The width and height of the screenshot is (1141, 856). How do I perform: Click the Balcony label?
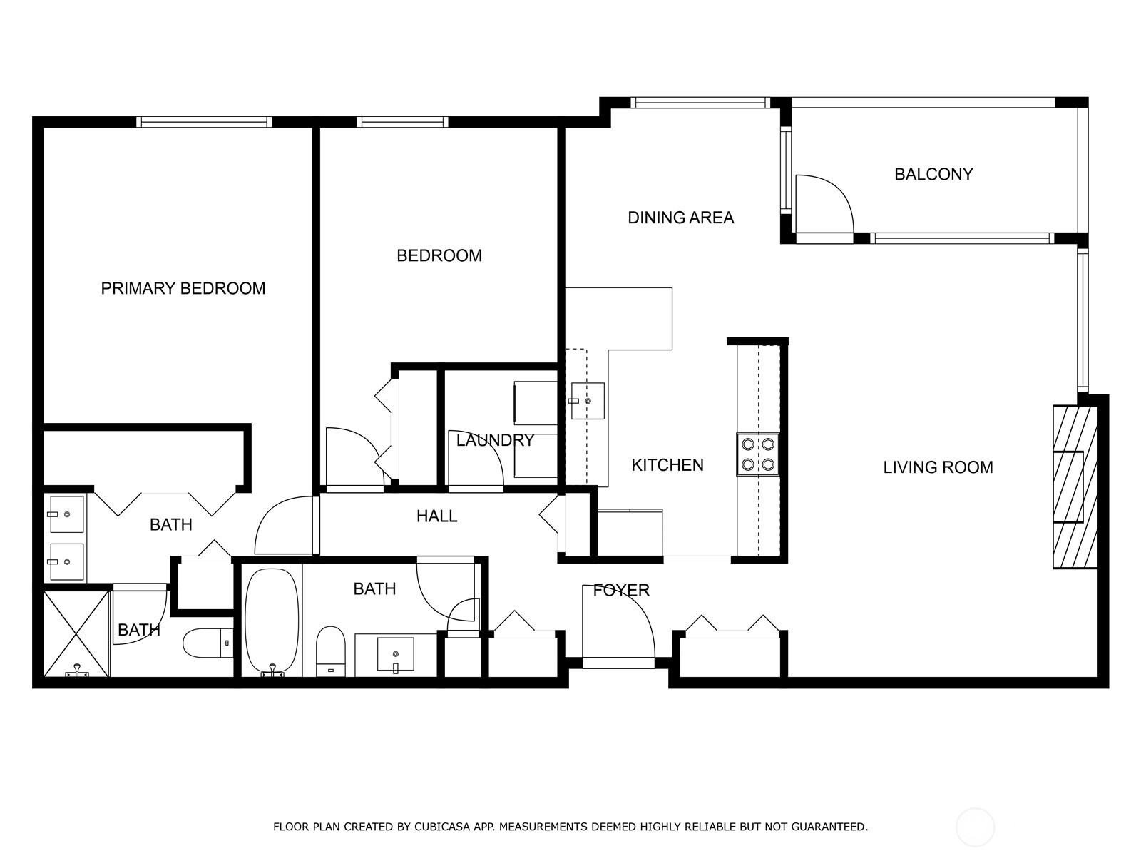[933, 174]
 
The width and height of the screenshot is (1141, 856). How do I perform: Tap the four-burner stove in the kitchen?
[757, 454]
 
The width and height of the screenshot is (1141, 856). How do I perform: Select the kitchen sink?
[588, 401]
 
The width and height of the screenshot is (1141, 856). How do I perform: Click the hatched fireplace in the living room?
[1074, 487]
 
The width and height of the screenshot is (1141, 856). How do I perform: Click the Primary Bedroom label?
[183, 288]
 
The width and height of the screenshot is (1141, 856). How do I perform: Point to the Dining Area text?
[680, 218]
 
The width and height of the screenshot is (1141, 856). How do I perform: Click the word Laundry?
[495, 440]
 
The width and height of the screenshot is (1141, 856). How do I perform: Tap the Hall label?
[436, 516]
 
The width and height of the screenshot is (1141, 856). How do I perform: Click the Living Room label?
[938, 467]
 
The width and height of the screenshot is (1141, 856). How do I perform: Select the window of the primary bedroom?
[204, 122]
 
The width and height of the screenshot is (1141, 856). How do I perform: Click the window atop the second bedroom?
[402, 122]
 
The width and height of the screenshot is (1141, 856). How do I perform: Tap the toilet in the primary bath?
[208, 643]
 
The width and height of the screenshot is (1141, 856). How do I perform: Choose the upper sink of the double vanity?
[66, 514]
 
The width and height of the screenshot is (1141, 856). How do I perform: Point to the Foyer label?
[621, 590]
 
